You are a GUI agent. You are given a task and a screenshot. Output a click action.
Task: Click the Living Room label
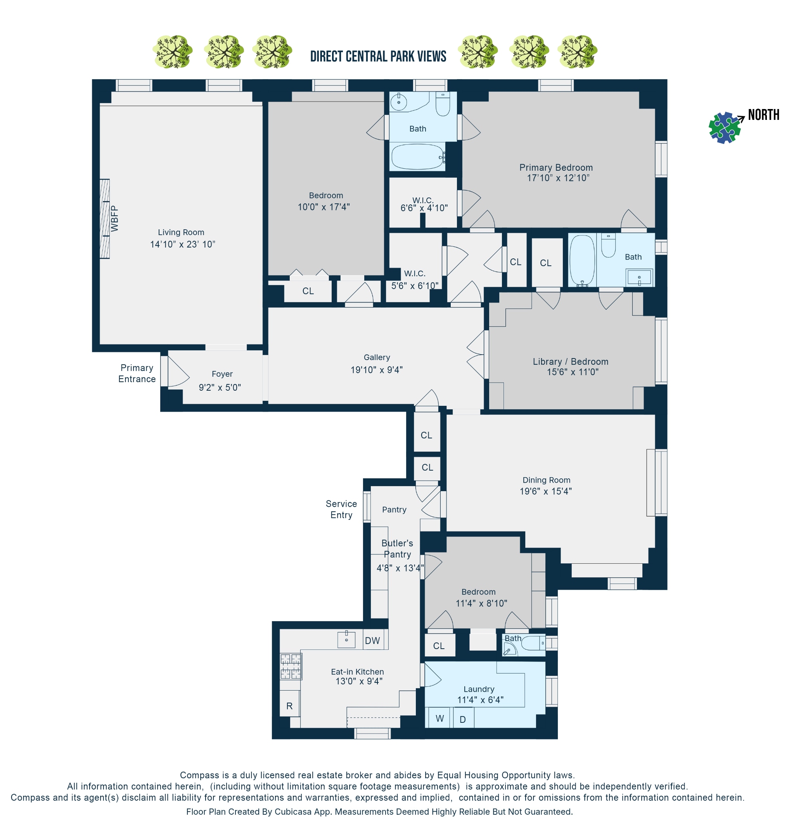pos(181,232)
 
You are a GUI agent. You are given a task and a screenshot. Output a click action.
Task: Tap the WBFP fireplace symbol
pos(104,219)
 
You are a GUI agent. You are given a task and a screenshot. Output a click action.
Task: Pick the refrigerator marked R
pos(289,706)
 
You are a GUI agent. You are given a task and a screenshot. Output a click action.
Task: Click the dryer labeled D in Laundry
pos(463,719)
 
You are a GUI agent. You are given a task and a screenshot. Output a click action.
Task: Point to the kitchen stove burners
pos(291,666)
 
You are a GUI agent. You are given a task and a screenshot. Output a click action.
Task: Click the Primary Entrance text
pos(137,373)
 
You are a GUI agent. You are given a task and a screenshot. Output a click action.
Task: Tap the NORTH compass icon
pos(724,128)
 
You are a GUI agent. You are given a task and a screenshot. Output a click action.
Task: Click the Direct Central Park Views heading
pos(378,57)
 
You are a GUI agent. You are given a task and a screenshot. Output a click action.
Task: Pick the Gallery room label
pos(376,357)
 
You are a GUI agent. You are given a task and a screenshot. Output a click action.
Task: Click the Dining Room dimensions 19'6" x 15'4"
pos(545,491)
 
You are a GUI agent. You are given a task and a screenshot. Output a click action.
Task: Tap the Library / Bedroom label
pos(570,361)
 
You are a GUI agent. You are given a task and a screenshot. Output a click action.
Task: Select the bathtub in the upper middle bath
pos(417,156)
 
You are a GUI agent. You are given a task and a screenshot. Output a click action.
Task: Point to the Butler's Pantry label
pos(397,549)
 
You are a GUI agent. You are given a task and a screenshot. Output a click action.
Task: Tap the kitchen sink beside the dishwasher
pos(346,639)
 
